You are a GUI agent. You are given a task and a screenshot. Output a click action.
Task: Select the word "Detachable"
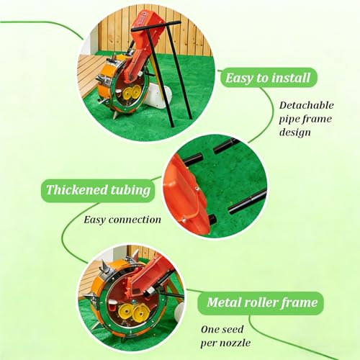coord(307,105)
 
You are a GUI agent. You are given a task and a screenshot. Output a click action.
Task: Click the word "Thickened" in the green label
coord(77,189)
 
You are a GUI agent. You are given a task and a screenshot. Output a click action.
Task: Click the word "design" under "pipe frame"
coord(295,132)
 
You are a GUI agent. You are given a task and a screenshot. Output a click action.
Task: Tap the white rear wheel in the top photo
coord(158,96)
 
